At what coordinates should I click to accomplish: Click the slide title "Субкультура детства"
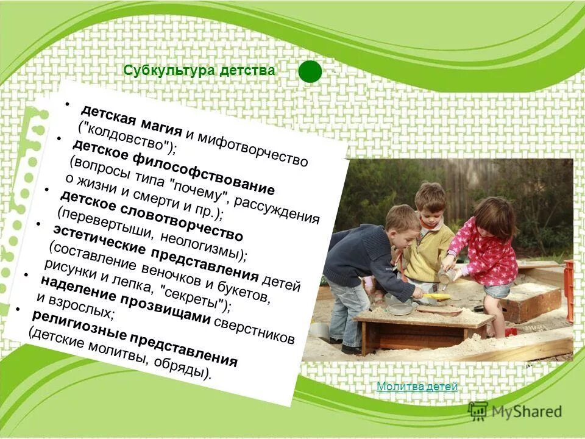pos(199,71)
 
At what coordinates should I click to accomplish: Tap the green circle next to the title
pos(310,71)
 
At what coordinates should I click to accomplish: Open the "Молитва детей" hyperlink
pos(417,386)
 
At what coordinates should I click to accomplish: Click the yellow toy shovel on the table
pos(435,297)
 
